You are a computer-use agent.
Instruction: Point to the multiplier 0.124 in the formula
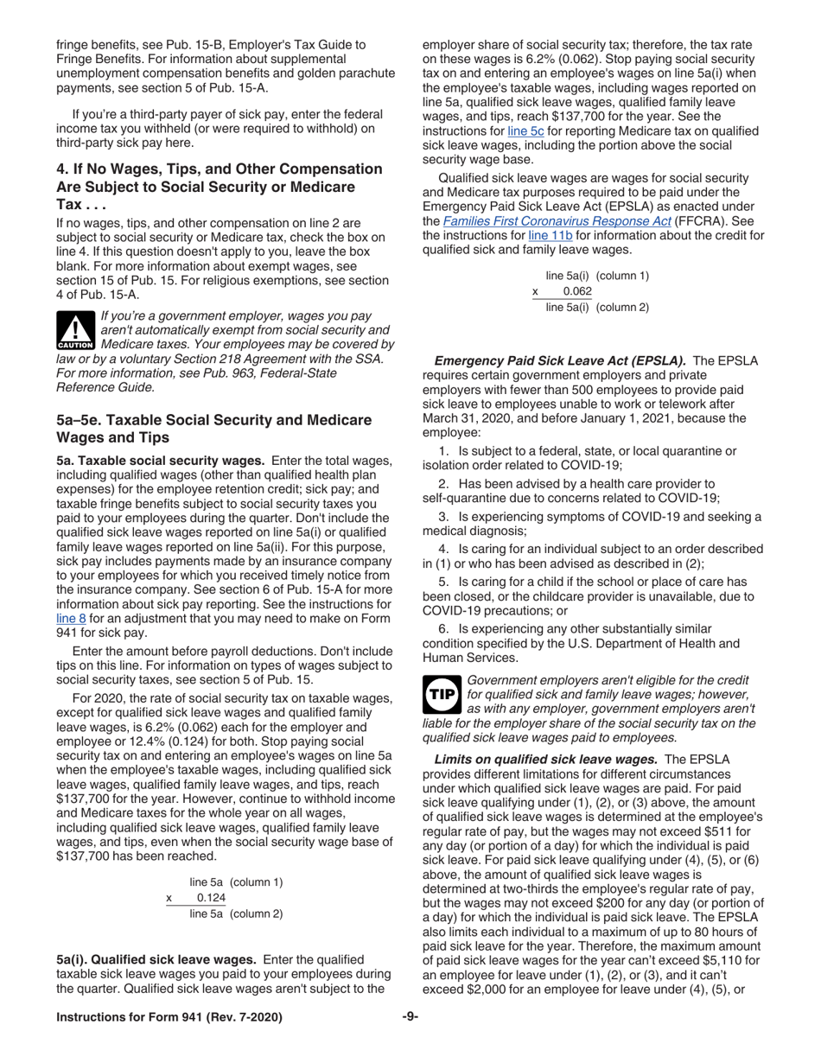coord(211,898)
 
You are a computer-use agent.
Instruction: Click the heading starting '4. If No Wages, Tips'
coord(219,169)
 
